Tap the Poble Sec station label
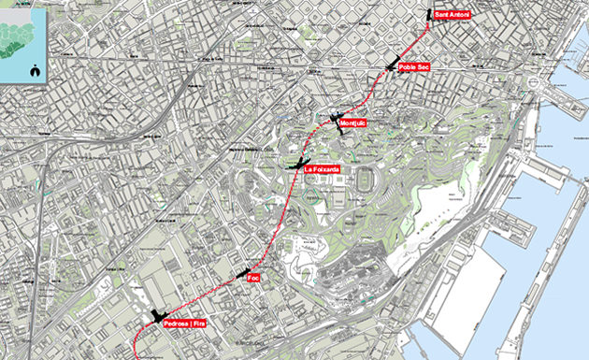coord(412,67)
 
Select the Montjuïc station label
coord(356,123)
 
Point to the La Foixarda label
coord(321,169)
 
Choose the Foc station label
coord(252,278)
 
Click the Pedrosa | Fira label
coord(183,324)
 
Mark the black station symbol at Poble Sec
coord(392,65)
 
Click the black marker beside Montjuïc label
coord(338,119)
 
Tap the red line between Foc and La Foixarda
coord(278,220)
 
